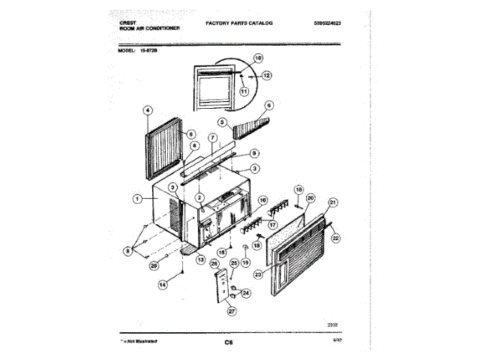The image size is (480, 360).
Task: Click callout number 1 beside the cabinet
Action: coord(137,199)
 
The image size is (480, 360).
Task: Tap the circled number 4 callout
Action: coord(147,110)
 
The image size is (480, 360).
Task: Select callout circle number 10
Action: coord(258,58)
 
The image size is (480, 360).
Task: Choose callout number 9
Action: coord(254,153)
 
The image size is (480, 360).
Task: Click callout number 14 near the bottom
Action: coord(162,284)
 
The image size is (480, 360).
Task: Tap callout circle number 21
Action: coord(333,202)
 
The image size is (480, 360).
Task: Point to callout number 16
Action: coord(262,201)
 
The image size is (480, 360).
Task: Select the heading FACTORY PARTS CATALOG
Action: coord(239,23)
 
